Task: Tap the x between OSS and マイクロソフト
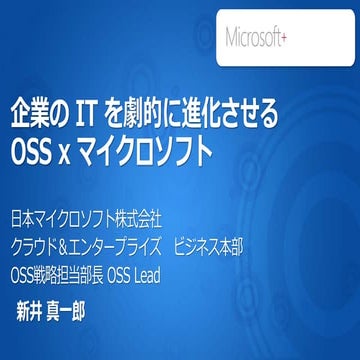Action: click(87, 154)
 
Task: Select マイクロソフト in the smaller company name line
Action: click(76, 216)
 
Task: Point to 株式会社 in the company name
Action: click(139, 216)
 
